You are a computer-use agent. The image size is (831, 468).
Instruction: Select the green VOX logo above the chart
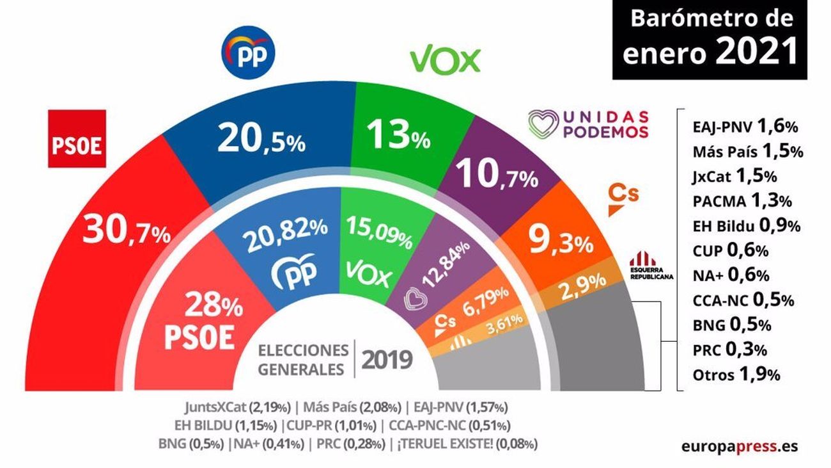[445, 60]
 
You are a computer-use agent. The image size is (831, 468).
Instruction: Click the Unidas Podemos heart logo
[543, 123]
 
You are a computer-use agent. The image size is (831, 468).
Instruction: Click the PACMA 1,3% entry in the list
[742, 200]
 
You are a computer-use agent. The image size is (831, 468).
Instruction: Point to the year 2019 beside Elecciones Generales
[387, 360]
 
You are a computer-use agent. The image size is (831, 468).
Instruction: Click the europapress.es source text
[740, 446]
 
